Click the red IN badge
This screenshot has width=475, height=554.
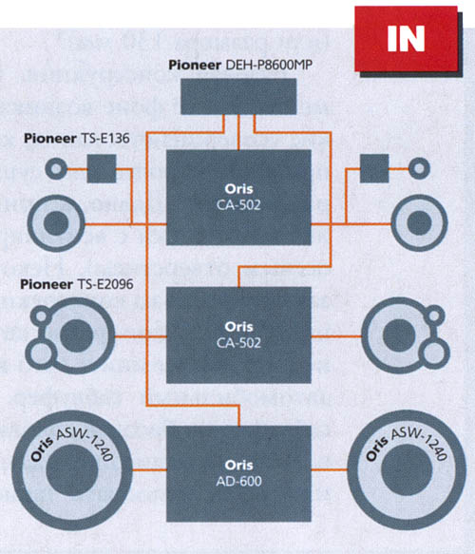coord(407,39)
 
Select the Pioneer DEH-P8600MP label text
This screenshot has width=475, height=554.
coord(240,65)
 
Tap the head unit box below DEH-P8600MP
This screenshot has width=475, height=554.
coord(238,97)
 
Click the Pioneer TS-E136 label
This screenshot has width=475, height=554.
coord(77,138)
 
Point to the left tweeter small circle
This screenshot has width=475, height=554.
coord(56,168)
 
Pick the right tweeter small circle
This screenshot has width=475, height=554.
coord(419,168)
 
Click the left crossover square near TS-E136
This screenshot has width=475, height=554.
coord(102,168)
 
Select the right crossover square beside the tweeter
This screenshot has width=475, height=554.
coord(374,168)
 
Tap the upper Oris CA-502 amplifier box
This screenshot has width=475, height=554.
coord(238,198)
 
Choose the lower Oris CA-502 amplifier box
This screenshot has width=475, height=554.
coord(238,334)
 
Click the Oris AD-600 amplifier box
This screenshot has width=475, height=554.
coord(238,473)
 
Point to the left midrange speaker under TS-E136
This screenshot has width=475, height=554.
coord(56,223)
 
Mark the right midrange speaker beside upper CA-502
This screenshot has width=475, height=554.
coord(420,223)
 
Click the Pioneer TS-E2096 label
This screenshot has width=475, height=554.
coord(77,284)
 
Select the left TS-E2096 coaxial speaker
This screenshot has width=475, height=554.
coord(70,335)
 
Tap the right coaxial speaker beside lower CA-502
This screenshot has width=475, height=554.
coord(407,335)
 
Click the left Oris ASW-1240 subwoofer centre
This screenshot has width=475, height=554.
coord(72,470)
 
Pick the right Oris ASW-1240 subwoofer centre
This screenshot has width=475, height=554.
coord(407,470)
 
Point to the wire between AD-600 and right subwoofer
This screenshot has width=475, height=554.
coord(329,470)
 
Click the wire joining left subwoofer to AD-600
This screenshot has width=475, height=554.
coord(149,470)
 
